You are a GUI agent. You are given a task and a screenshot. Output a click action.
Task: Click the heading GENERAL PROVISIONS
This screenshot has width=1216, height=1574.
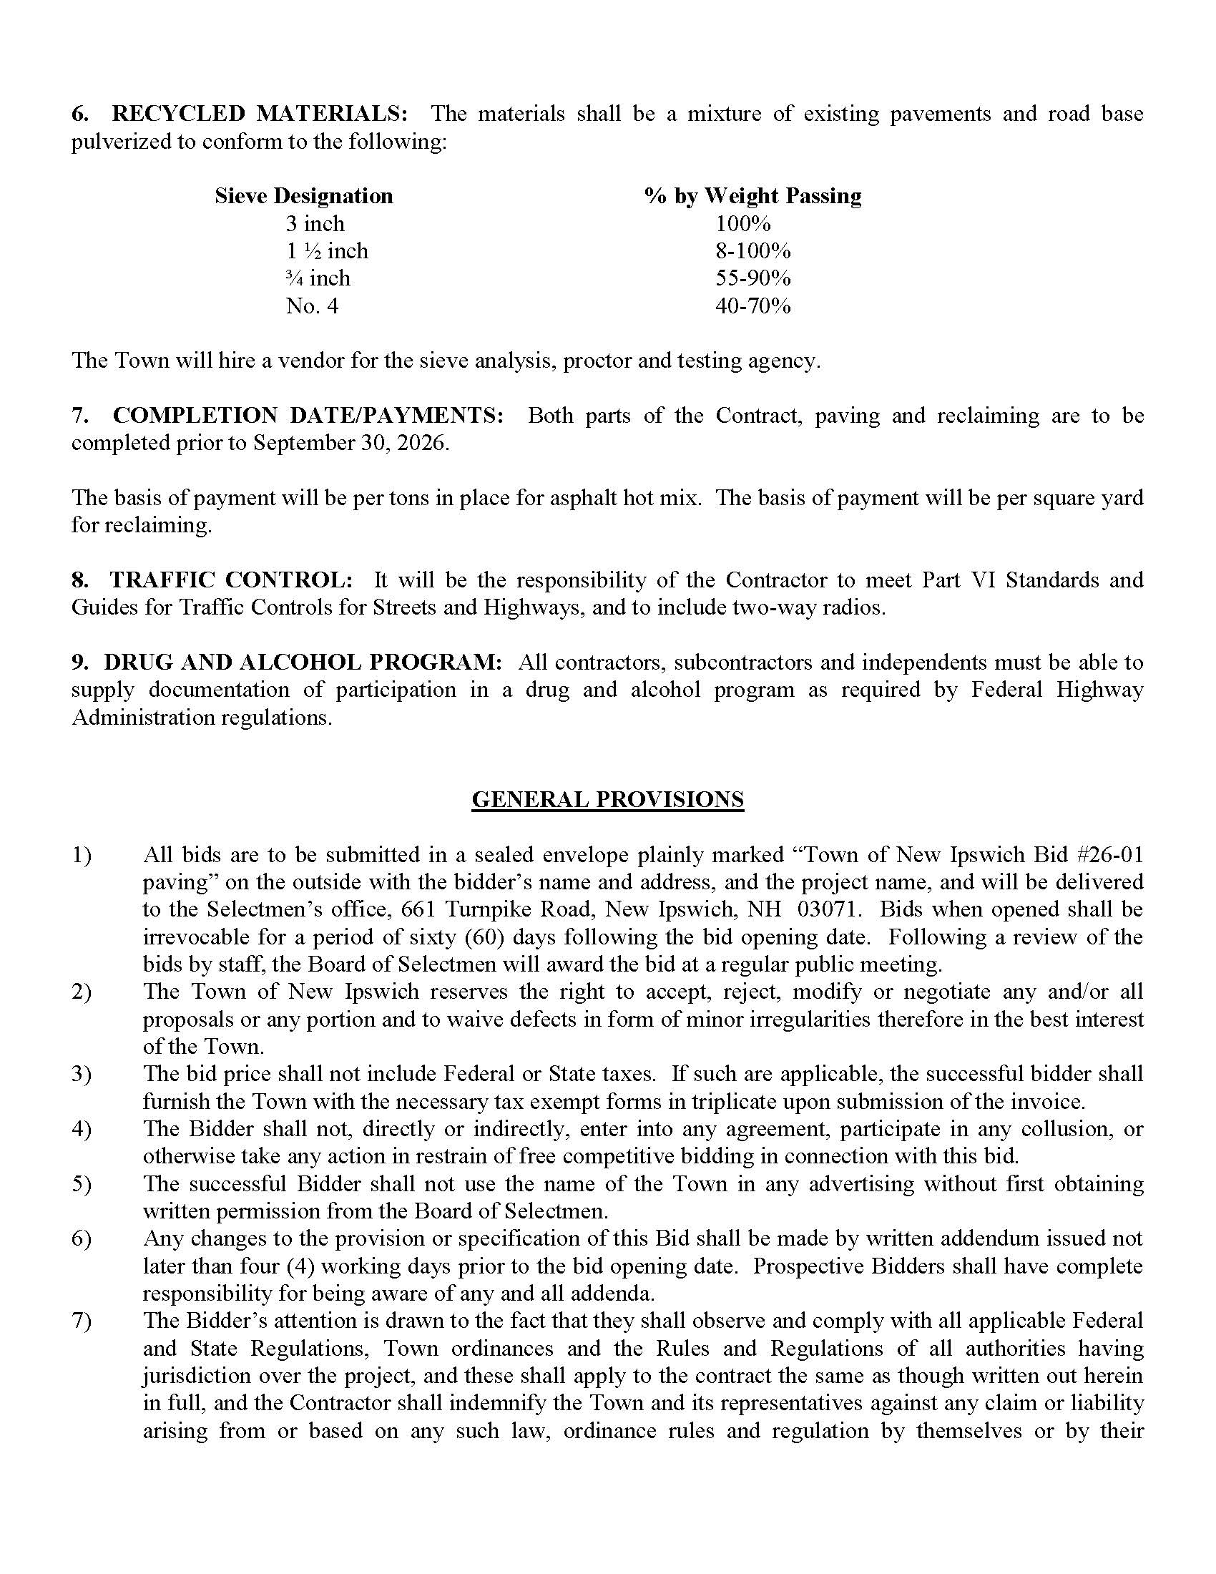point(607,799)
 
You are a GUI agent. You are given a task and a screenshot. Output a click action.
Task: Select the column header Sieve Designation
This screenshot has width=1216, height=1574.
point(303,196)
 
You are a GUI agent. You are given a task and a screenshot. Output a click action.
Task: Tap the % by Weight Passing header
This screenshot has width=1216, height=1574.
point(752,196)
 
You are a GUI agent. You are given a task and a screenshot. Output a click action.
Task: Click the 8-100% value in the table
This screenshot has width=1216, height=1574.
point(752,251)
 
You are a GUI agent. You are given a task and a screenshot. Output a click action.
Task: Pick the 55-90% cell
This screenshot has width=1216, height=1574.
point(752,278)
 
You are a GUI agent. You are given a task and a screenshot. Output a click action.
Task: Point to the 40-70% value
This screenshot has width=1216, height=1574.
point(752,306)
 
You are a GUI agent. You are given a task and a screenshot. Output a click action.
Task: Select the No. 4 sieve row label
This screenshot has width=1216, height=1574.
point(311,306)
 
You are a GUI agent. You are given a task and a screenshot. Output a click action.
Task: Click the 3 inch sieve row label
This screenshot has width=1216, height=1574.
point(315,223)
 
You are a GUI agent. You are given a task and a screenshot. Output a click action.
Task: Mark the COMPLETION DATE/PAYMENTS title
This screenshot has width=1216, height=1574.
point(309,416)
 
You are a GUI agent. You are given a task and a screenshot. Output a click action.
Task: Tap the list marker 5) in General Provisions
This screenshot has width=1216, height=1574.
point(82,1183)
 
